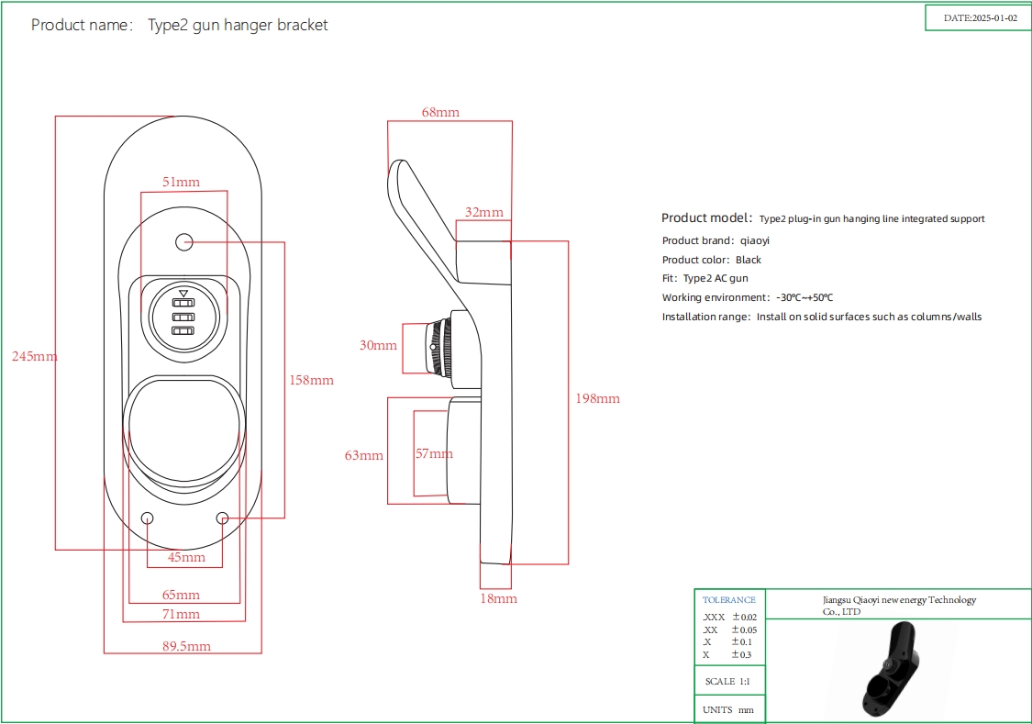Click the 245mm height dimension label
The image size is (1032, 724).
[34, 356]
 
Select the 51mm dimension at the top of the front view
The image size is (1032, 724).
[181, 183]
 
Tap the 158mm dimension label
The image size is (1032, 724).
[312, 380]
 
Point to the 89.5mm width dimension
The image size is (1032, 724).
[186, 646]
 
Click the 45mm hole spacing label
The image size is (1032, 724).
[186, 557]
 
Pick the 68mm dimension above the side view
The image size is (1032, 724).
[440, 112]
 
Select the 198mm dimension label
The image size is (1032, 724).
[598, 398]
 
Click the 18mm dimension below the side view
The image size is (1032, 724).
[499, 598]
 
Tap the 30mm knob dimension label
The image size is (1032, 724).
[378, 345]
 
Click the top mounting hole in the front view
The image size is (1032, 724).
[184, 242]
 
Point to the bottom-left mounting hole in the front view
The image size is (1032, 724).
[148, 518]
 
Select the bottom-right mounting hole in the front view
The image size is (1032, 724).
[222, 518]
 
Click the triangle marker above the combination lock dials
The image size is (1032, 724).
[183, 293]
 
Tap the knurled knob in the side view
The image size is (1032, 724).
[438, 347]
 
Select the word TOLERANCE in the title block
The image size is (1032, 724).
[729, 600]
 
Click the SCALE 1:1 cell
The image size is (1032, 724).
[728, 682]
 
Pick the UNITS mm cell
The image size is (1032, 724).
[728, 710]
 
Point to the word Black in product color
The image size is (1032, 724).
[749, 260]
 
